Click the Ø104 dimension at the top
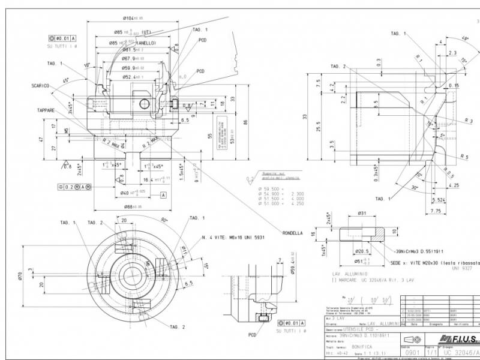tap(133, 19)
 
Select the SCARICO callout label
tap(40, 86)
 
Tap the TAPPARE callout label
tap(46, 110)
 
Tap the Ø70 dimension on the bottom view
tap(20, 275)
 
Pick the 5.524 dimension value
tap(439, 199)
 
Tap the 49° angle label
tap(465, 39)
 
